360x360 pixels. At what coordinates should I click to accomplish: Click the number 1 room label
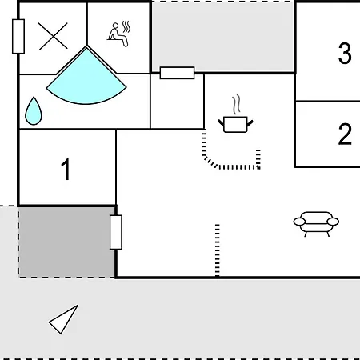66,170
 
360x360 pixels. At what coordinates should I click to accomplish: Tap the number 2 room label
345,134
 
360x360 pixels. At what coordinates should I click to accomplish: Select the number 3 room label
345,54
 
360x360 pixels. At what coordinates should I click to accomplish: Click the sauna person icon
118,35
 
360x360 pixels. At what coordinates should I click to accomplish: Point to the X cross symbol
53,36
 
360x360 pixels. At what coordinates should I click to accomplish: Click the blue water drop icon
34,111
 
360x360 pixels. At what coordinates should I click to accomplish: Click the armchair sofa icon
316,223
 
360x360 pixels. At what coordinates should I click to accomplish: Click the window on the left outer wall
18,36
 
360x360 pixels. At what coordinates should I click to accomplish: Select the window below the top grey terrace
177,73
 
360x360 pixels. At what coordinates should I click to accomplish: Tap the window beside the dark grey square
116,232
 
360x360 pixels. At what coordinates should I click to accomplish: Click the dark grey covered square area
66,242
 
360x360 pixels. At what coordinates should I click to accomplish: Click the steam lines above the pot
236,105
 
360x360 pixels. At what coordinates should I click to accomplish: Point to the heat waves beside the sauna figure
126,26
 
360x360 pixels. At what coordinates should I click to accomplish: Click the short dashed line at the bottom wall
218,250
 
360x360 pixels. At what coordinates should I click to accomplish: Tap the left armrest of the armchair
299,222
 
